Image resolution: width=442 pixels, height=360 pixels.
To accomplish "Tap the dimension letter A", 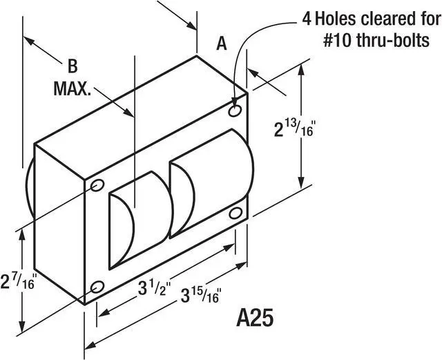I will pos(222,44).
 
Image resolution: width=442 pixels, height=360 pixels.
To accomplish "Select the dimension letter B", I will pos(72,67).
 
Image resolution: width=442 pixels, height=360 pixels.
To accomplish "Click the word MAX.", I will pos(73,89).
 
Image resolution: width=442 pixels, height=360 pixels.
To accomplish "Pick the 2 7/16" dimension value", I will pos(19,282).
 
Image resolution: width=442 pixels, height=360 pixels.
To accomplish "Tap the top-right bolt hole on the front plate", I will pos(236,110).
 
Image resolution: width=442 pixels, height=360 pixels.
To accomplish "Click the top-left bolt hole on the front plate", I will pos(97,184).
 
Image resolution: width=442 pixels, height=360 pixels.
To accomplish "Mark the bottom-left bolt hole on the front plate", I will pos(97,286).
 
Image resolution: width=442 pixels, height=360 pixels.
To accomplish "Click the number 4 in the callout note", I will pos(305,17).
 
